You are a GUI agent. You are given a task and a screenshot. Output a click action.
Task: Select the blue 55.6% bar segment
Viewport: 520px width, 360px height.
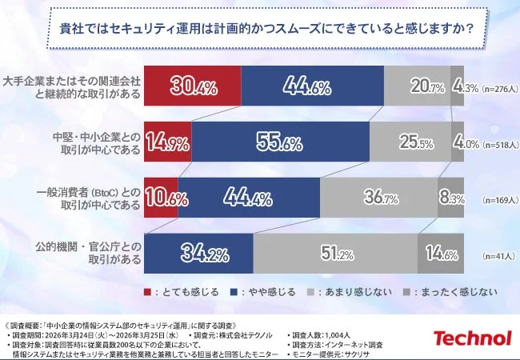280,143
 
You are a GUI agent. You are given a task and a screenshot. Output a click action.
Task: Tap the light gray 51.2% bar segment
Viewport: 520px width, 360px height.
335,254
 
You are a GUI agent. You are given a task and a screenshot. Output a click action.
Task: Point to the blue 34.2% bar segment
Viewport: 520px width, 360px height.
198,254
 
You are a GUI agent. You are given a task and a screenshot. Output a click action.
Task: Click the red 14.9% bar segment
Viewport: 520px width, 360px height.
167,143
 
